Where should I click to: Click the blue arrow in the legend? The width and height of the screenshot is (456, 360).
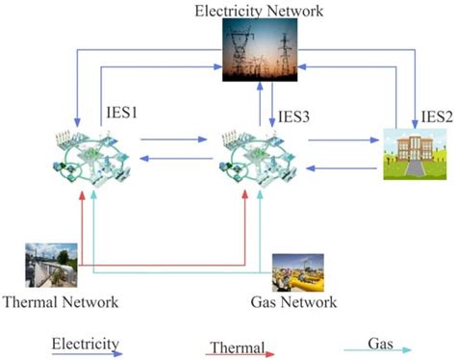(x=87, y=353)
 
